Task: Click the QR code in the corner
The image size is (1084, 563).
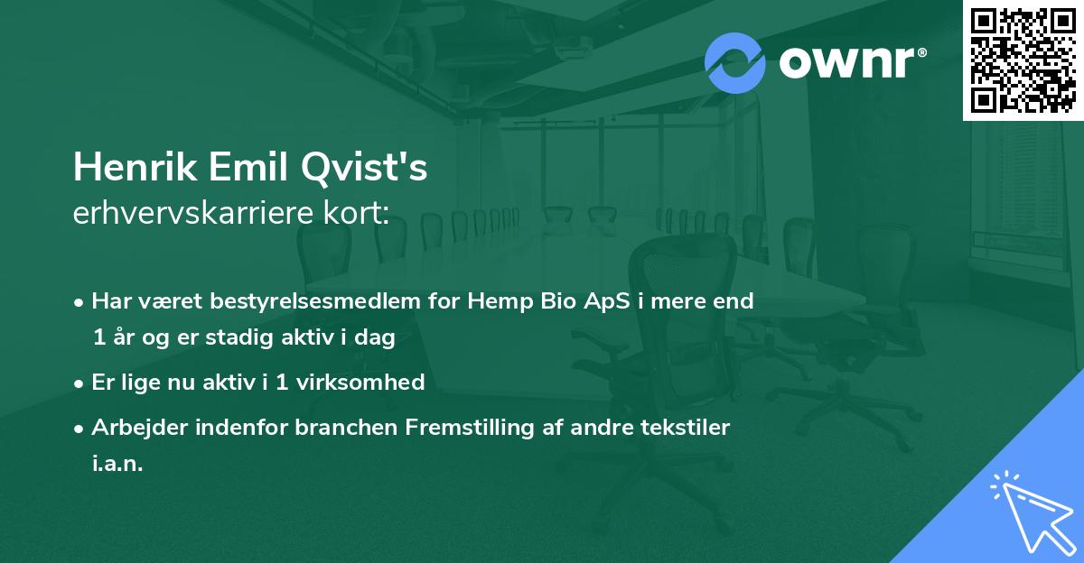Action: click(1023, 60)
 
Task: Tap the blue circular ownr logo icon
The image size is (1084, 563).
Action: click(734, 62)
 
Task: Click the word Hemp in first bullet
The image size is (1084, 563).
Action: click(494, 301)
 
